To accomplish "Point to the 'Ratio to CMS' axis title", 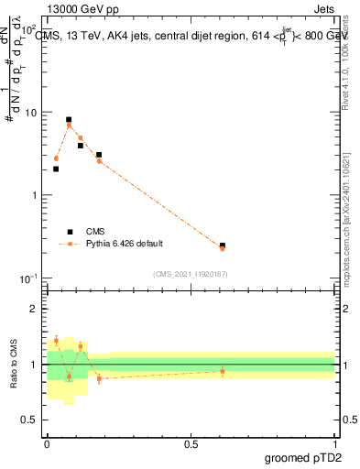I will [14, 365].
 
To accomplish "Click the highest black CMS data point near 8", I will [69, 120].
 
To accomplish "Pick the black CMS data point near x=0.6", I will [223, 245].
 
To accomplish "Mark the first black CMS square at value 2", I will [56, 169].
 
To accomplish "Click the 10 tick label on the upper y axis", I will [32, 112].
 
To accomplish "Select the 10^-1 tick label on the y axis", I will [30, 278].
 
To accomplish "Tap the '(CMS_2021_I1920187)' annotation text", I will [191, 273].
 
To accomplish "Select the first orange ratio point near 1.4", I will [56, 340].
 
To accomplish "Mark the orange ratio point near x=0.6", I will [223, 371].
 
